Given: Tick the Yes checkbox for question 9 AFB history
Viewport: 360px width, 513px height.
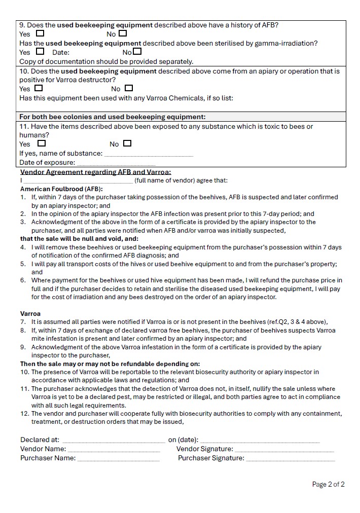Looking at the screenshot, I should [x=40, y=34].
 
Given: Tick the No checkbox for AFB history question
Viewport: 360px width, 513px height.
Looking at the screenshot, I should [x=123, y=34].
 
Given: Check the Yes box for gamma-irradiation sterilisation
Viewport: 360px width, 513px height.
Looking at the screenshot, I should [x=40, y=51].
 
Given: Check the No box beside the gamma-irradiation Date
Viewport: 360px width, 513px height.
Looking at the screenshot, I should [x=137, y=51].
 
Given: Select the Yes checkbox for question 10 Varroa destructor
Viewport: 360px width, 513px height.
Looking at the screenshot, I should [x=39, y=88].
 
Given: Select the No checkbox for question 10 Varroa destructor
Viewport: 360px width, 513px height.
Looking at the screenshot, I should [x=129, y=88].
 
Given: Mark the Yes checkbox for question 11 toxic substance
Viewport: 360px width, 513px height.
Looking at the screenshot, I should [x=42, y=143].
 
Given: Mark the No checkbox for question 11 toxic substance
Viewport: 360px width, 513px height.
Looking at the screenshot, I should [x=127, y=143].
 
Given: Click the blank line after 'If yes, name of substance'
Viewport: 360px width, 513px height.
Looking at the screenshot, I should [x=148, y=154].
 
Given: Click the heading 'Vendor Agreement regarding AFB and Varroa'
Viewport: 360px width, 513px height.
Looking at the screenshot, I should [x=95, y=172].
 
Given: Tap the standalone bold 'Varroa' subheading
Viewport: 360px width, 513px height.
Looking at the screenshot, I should [x=30, y=314].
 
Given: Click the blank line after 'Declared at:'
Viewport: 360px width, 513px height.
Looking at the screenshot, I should [x=114, y=441].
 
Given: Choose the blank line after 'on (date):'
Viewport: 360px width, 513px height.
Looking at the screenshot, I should [x=260, y=441].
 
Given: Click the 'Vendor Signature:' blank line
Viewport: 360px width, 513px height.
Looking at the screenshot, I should [x=284, y=450].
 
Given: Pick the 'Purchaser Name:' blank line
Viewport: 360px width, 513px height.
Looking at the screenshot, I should [x=118, y=459].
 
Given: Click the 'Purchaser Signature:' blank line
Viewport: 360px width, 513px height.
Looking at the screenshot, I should [x=291, y=459].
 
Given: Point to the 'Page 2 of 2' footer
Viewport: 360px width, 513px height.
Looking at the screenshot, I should [x=328, y=485].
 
